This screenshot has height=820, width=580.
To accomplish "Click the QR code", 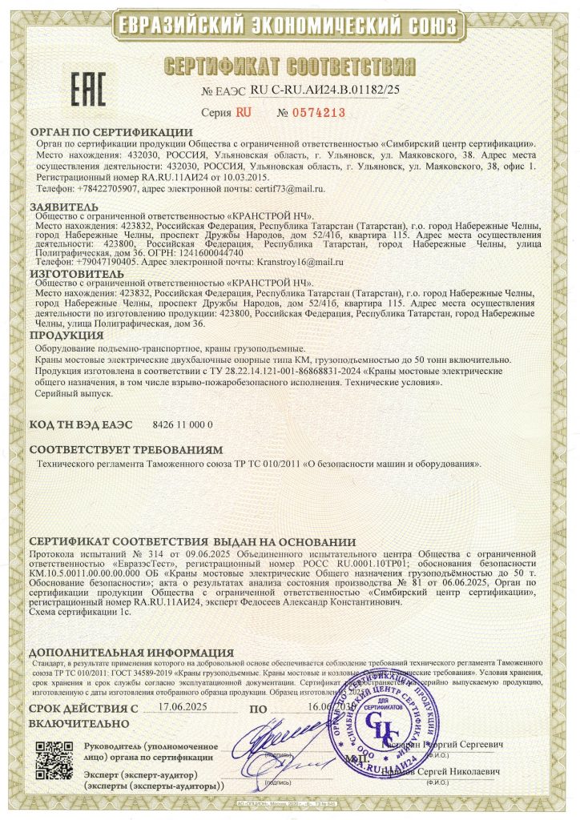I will point(56,761).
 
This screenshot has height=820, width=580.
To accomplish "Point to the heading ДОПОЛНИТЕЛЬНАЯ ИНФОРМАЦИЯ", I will point(131,653).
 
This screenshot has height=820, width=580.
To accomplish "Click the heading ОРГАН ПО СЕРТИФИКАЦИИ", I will point(111,131).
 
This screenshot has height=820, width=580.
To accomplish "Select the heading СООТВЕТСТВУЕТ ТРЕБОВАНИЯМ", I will point(126,450).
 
